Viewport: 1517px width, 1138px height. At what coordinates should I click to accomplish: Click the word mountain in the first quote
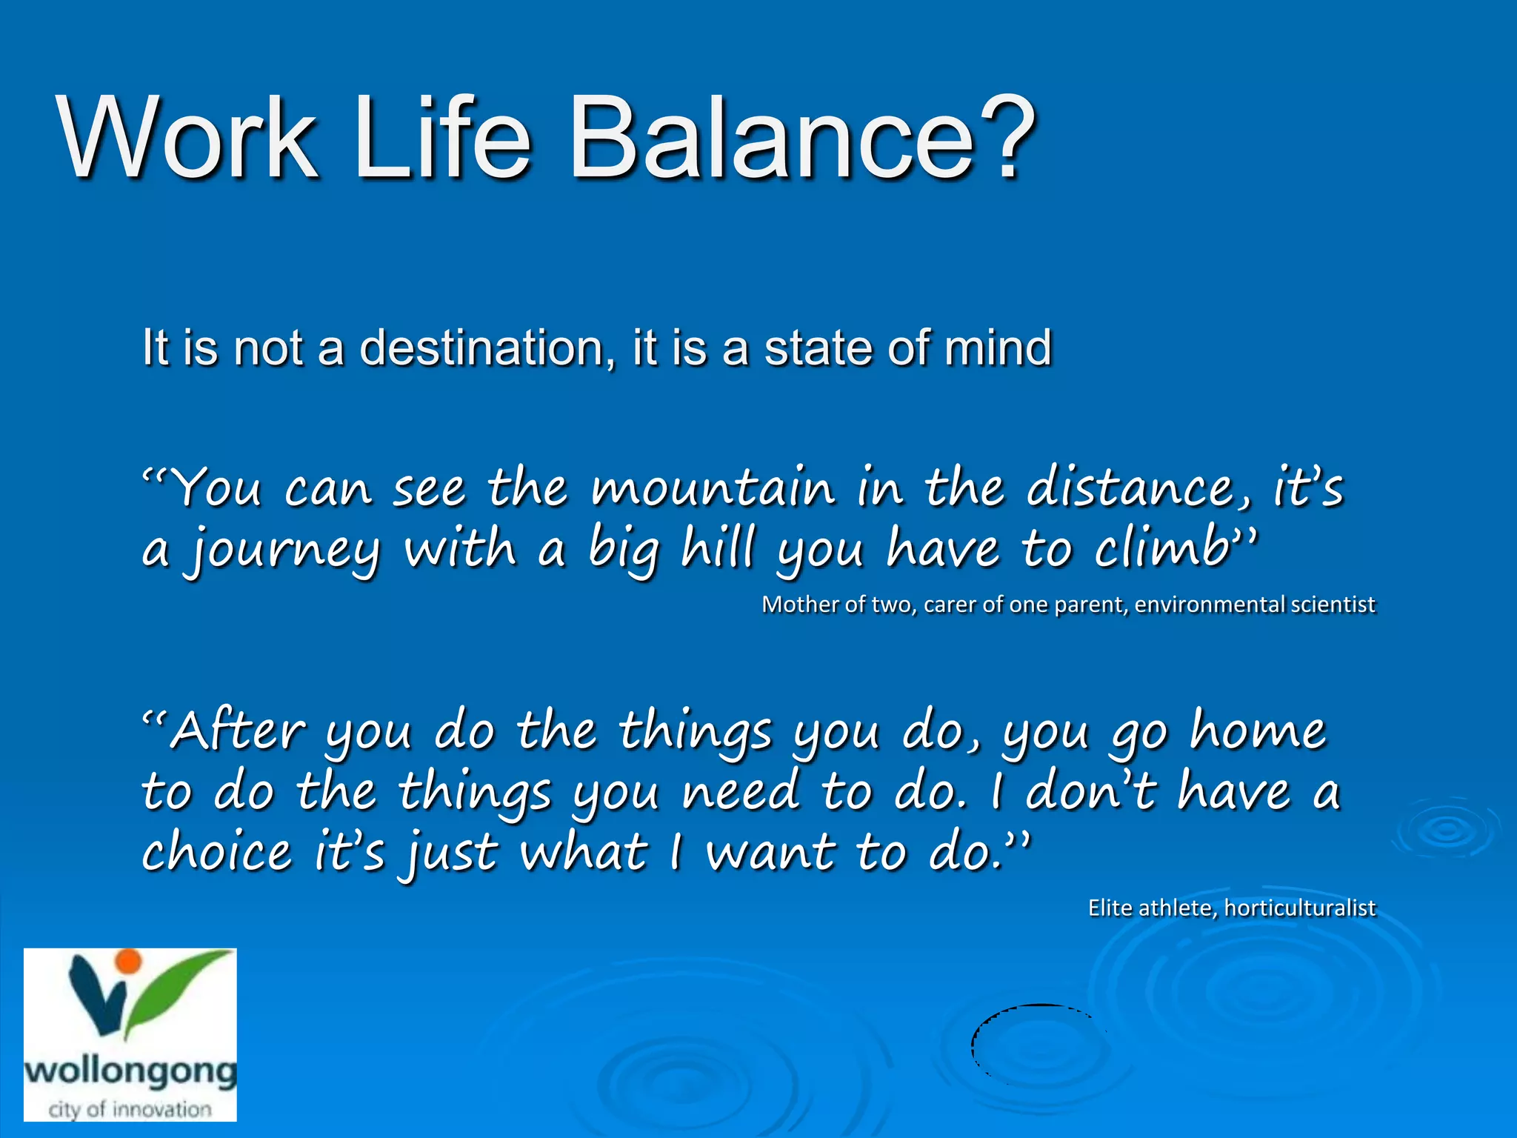[713, 489]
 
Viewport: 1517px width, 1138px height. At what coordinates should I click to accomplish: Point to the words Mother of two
[837, 605]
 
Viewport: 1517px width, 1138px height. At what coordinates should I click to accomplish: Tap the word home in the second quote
[1258, 731]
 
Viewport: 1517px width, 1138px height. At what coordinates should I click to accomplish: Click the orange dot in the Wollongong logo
[129, 961]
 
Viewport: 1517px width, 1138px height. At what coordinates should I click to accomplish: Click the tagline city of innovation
[130, 1109]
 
